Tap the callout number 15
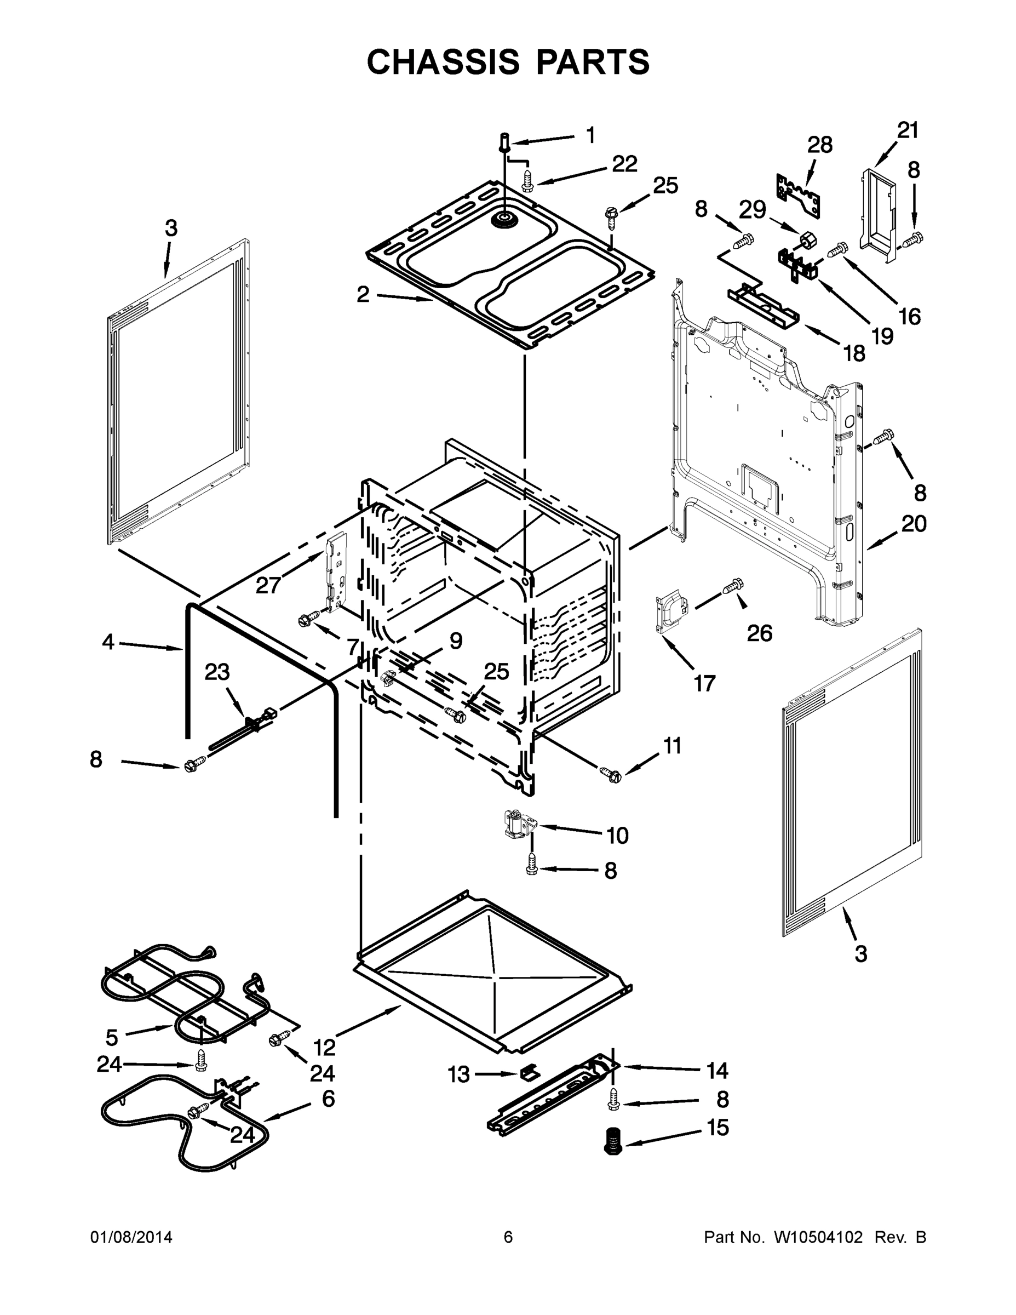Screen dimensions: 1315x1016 point(718,1127)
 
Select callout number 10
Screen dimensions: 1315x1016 point(617,836)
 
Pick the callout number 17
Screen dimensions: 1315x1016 point(704,683)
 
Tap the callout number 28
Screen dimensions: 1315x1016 point(820,145)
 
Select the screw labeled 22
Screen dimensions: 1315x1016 point(527,181)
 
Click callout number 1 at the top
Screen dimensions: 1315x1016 point(590,135)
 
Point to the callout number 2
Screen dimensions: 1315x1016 point(363,294)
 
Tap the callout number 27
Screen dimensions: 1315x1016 point(268,585)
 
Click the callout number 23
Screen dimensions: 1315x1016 point(217,672)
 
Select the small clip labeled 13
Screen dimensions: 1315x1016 point(527,1072)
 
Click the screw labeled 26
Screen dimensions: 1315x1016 point(734,585)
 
